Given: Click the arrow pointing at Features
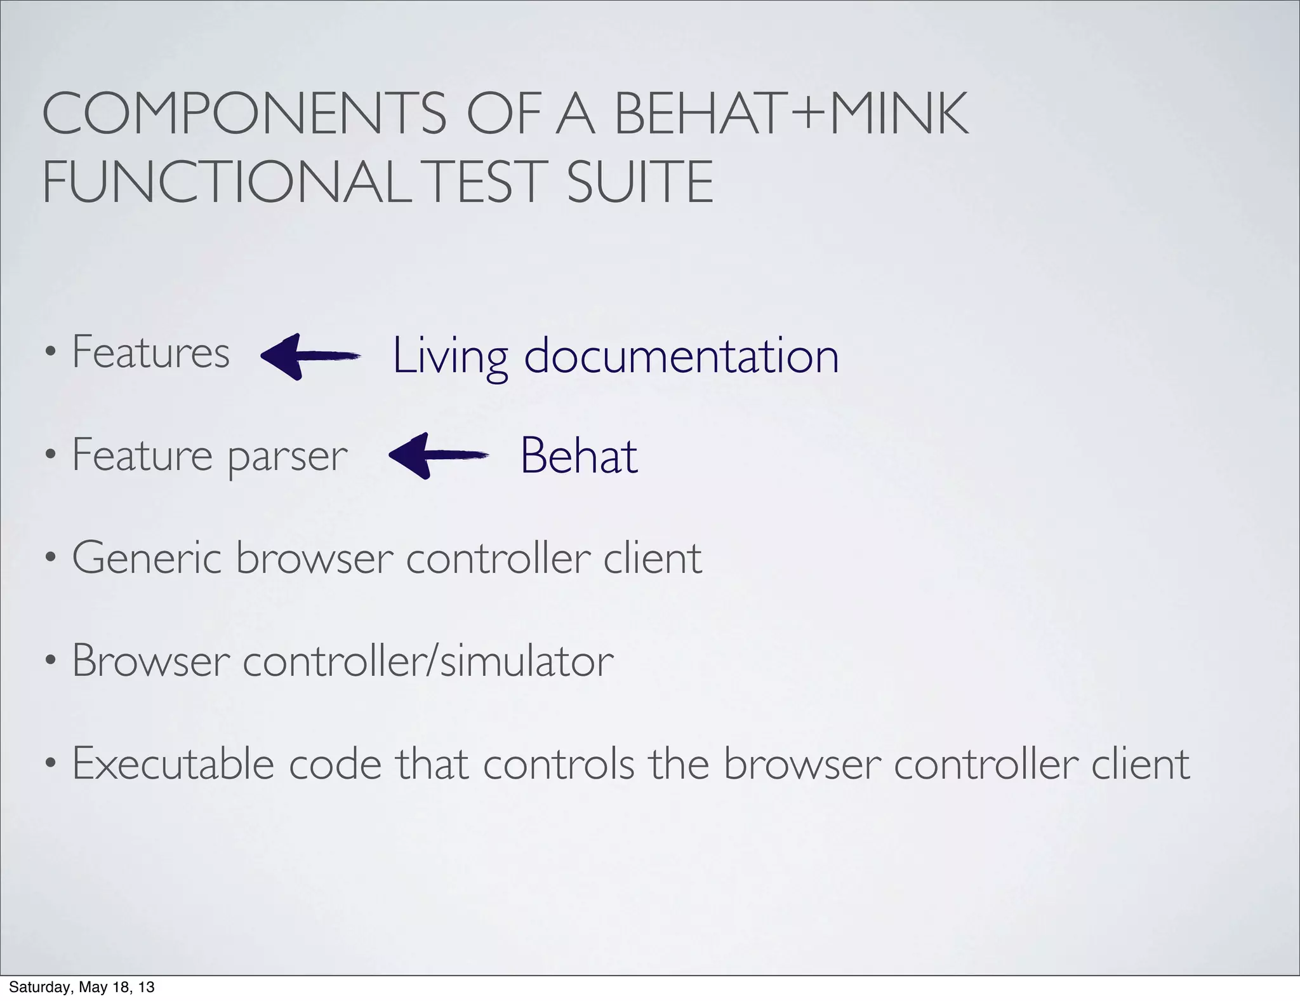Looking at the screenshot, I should (x=310, y=356).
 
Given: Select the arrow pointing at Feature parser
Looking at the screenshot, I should (x=438, y=455).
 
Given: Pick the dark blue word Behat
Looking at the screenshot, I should (x=578, y=456).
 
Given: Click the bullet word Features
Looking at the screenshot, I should (x=150, y=352).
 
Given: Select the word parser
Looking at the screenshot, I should (x=288, y=457).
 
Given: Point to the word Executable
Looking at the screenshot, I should (x=173, y=763).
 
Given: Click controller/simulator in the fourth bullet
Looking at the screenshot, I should (x=428, y=661).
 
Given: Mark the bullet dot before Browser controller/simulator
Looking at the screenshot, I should (x=50, y=662).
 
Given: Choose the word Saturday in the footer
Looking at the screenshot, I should (x=36, y=988).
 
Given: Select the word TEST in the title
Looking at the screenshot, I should (x=487, y=182).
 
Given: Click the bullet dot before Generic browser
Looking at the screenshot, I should (x=50, y=560).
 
